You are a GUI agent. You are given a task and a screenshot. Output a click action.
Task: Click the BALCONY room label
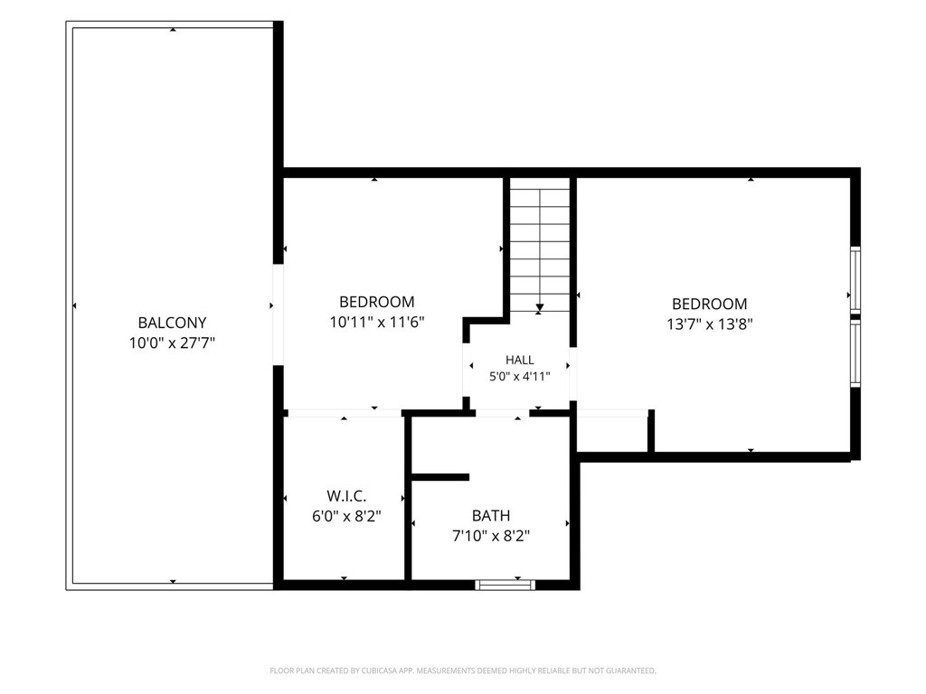pyautogui.click(x=172, y=323)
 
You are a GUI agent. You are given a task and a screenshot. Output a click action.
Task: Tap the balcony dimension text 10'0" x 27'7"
pyautogui.click(x=172, y=342)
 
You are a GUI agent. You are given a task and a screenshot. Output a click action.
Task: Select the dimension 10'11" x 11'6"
pyautogui.click(x=377, y=323)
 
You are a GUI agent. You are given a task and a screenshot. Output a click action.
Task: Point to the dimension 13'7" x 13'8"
pyautogui.click(x=709, y=324)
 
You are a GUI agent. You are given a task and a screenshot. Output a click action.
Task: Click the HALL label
pyautogui.click(x=520, y=360)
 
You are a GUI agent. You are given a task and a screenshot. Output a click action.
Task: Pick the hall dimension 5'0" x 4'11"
pyautogui.click(x=520, y=377)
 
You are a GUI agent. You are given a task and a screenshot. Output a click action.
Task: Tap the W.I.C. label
pyautogui.click(x=346, y=496)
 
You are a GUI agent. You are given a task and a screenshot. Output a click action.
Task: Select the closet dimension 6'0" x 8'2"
pyautogui.click(x=346, y=516)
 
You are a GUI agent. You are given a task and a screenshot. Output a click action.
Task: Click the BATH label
pyautogui.click(x=491, y=516)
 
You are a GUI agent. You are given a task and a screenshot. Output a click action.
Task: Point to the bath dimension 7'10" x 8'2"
pyautogui.click(x=491, y=537)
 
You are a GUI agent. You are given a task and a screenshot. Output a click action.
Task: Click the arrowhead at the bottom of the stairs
pyautogui.click(x=539, y=307)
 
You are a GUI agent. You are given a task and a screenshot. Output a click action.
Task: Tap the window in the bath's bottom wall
pyautogui.click(x=505, y=585)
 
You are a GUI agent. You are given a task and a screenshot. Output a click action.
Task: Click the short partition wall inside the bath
pyautogui.click(x=440, y=477)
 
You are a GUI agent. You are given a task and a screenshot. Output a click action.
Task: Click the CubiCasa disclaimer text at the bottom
pyautogui.click(x=463, y=671)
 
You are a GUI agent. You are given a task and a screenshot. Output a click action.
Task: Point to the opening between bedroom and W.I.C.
pyautogui.click(x=344, y=413)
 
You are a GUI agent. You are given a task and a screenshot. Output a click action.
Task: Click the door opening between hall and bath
pyautogui.click(x=503, y=413)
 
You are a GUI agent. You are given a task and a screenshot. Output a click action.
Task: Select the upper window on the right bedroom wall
pyautogui.click(x=855, y=278)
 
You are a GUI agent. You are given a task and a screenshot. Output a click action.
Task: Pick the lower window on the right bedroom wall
pyautogui.click(x=855, y=353)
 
